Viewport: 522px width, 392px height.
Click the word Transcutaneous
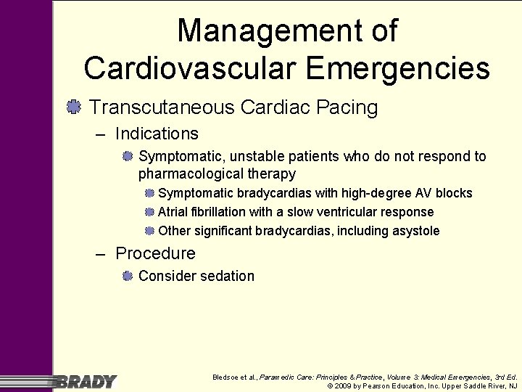[x=163, y=107]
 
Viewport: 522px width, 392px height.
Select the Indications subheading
[x=156, y=134]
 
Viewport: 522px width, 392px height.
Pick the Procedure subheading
[x=155, y=253]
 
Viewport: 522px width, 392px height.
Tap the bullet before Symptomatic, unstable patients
[x=128, y=156]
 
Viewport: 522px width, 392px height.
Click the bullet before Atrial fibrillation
[x=149, y=212]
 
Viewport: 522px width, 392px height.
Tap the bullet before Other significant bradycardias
[x=149, y=231]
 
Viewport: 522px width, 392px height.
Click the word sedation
[x=228, y=276]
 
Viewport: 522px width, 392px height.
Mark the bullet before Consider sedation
[x=128, y=276]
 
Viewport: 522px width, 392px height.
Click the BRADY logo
[x=86, y=381]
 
